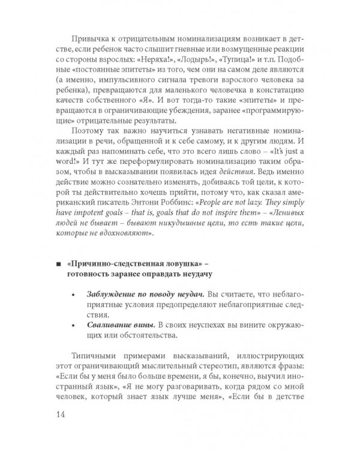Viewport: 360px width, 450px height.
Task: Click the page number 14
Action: [62, 415]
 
